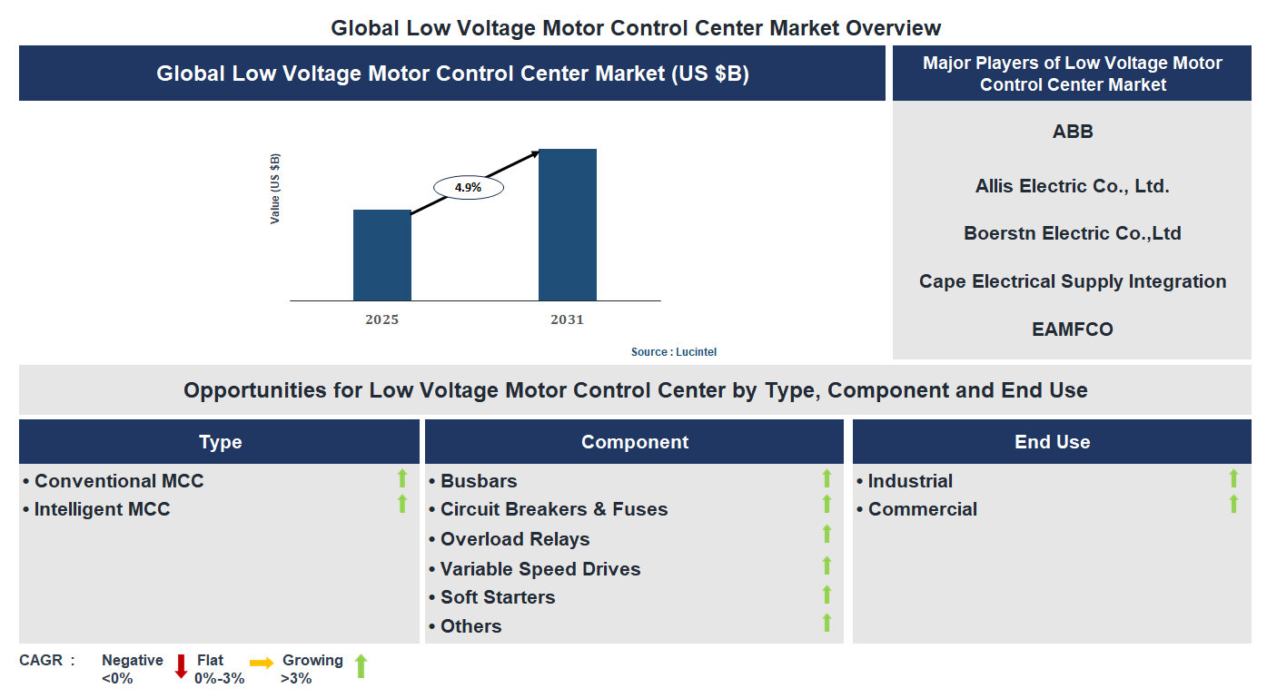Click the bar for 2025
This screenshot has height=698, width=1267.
pos(381,255)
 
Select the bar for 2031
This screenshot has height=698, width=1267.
pos(567,224)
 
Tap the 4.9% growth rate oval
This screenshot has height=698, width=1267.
pos(468,188)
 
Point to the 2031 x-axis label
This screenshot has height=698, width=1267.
pos(567,320)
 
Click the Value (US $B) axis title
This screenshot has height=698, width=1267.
pos(275,189)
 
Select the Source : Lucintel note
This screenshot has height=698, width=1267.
pos(674,352)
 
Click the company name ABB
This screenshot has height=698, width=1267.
pos(1073,132)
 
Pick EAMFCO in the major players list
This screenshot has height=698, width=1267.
pos(1073,329)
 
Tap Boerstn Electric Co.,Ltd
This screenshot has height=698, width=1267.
pos(1073,233)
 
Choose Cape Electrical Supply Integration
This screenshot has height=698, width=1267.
pos(1073,281)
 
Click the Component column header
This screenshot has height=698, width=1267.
pos(634,442)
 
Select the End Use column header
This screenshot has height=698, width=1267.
pos(1052,442)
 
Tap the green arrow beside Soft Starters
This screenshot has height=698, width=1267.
pos(827,595)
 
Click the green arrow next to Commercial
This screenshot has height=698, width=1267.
pos(1233,504)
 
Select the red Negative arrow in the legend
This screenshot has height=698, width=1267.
pos(181,666)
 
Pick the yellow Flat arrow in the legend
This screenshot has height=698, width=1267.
pos(262,664)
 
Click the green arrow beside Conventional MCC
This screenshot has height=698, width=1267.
pos(402,477)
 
